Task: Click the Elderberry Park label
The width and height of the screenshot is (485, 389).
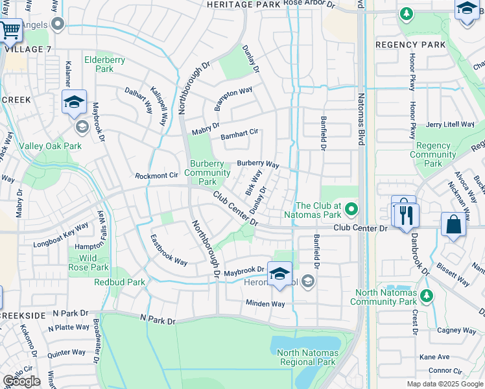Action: point(104,64)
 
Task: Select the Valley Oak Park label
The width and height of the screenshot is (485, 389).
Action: point(50,147)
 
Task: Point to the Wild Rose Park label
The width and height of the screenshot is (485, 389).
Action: point(89,263)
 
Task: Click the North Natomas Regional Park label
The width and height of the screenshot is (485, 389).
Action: point(307,357)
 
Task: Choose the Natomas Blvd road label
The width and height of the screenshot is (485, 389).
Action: point(361,143)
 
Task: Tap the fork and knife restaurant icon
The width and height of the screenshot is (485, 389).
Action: point(407,215)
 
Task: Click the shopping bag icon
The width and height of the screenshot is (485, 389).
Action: point(454,225)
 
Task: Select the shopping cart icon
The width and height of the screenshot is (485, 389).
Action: point(10,29)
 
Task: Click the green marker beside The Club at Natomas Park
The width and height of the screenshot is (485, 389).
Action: point(351,209)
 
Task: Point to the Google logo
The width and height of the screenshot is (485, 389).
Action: point(21,381)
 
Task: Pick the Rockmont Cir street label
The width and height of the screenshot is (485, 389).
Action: point(156,176)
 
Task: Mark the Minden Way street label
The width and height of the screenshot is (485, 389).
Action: point(265,303)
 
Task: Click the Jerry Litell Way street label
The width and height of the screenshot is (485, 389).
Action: point(451,124)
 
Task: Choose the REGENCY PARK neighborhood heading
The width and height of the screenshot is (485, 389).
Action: point(410,45)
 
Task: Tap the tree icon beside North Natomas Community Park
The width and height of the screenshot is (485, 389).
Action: point(426,296)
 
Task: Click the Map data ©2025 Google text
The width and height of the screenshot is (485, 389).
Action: point(445,384)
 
